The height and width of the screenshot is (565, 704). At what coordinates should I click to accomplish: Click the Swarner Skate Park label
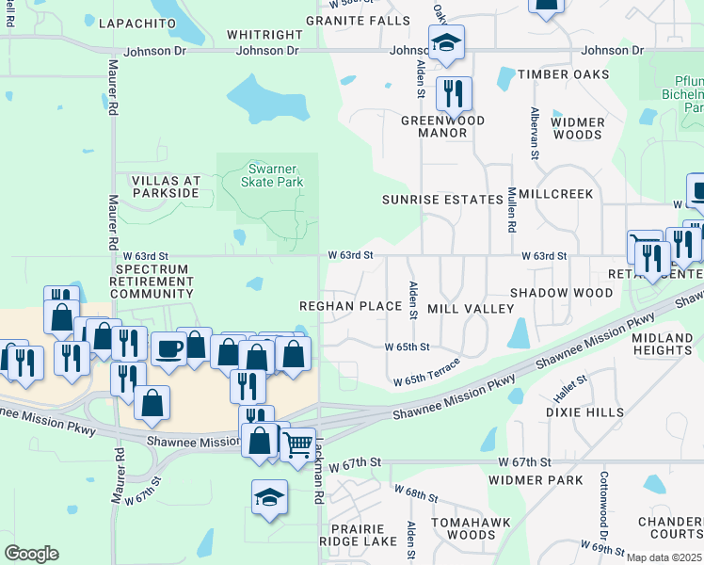pyautogui.click(x=267, y=173)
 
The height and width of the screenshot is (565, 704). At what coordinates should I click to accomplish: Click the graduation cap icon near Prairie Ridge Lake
pyautogui.click(x=269, y=495)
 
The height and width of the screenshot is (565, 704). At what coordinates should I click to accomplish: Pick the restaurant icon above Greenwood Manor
pyautogui.click(x=455, y=92)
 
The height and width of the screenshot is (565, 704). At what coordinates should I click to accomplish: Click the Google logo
pyautogui.click(x=30, y=553)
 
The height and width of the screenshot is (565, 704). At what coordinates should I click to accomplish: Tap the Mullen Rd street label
pyautogui.click(x=513, y=209)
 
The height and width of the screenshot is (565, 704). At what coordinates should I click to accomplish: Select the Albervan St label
pyautogui.click(x=534, y=133)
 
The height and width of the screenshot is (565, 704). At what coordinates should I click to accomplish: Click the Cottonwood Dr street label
pyautogui.click(x=604, y=500)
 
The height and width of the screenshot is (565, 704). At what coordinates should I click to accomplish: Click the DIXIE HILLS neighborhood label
pyautogui.click(x=584, y=412)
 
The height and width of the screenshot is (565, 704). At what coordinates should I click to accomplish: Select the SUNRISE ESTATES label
pyautogui.click(x=442, y=200)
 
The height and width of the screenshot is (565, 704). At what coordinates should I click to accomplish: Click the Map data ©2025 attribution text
pyautogui.click(x=664, y=557)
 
